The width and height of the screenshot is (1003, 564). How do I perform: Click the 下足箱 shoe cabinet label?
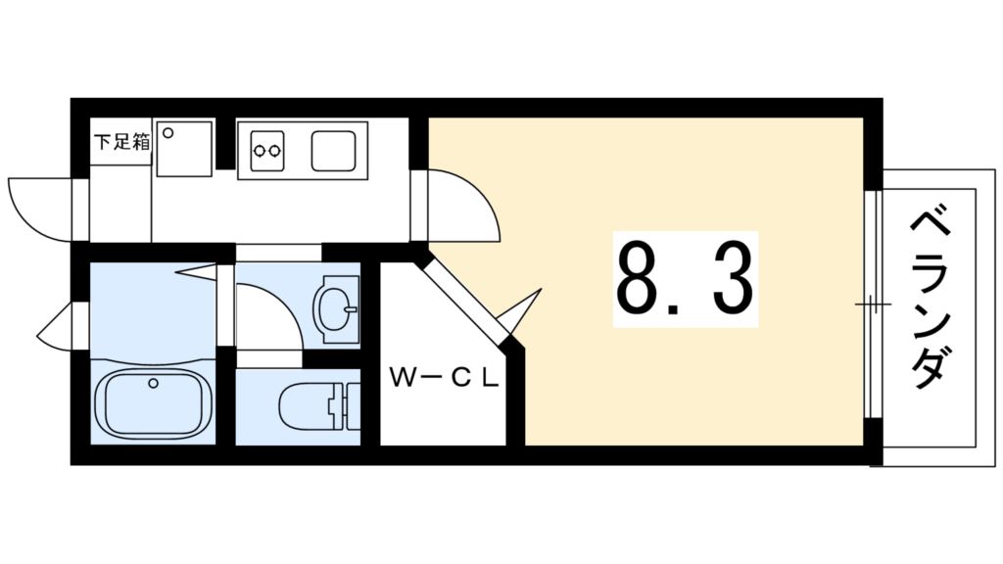(121, 141)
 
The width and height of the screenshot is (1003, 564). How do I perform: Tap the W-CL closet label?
(445, 377)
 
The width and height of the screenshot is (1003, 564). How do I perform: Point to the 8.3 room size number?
(685, 280)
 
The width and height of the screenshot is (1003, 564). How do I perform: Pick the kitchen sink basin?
(339, 150)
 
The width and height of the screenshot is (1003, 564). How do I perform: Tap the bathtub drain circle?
(153, 383)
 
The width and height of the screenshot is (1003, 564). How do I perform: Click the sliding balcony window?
(873, 305)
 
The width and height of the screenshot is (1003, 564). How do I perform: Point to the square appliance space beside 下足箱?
(184, 149)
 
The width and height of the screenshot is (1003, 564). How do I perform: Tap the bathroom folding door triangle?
(200, 270)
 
